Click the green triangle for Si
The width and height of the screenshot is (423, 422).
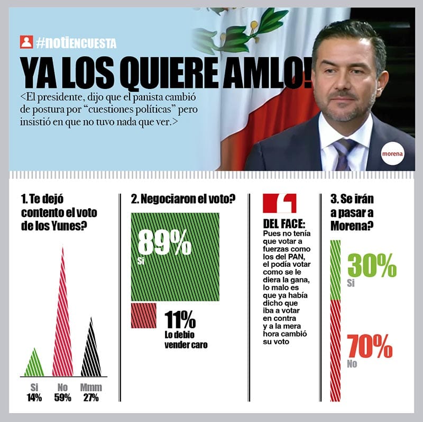(x=34, y=365)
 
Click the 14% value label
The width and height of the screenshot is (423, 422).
(x=34, y=398)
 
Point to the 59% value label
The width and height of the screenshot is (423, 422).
(x=62, y=398)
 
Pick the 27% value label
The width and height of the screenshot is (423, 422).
(x=91, y=398)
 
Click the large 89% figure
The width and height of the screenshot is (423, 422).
(x=164, y=243)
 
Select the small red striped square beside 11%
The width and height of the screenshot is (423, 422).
(x=144, y=316)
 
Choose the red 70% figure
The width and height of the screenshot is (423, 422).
(x=370, y=346)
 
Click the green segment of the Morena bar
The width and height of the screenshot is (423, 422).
(x=335, y=270)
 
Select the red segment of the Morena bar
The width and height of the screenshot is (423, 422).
(x=335, y=349)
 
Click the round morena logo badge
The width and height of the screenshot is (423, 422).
(x=392, y=154)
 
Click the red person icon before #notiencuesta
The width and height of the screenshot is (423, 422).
(x=26, y=42)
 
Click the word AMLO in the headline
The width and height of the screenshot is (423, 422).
(x=266, y=74)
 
